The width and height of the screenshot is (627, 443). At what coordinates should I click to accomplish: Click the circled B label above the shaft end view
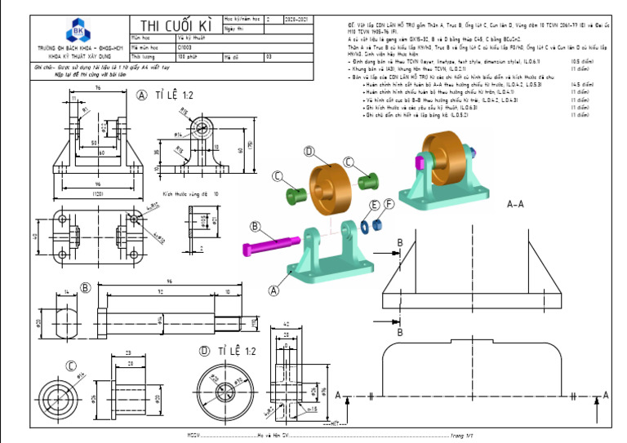[x=85, y=287]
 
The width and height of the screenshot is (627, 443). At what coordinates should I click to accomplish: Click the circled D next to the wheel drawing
[x=204, y=351]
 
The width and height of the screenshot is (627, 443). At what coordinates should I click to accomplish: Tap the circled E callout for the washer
[x=375, y=205]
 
